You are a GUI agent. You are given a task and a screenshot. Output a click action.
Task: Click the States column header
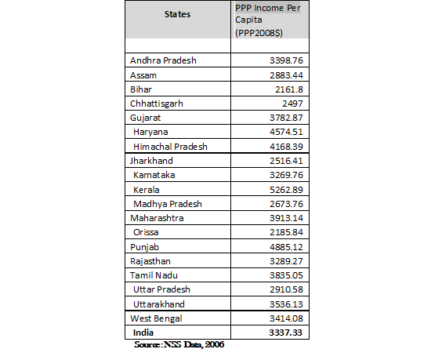coord(178,14)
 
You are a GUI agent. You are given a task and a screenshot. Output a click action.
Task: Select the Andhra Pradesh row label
coord(163,60)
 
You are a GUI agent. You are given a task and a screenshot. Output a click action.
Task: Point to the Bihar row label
coord(141,89)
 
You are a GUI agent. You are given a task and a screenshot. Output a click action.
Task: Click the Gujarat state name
coord(146,117)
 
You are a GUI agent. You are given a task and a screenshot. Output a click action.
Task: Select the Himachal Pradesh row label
coord(172,145)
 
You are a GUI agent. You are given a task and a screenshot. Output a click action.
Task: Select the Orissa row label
coord(148,231)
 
